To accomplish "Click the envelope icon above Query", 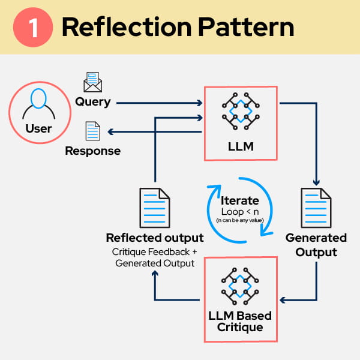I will click(93, 81).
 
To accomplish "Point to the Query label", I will click(92, 101).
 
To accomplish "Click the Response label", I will click(92, 151).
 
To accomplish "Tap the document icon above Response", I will click(92, 131).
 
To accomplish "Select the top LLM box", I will click(241, 123).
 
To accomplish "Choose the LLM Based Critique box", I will click(241, 298).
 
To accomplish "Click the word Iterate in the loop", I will click(240, 200).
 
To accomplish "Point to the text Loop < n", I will click(240, 212).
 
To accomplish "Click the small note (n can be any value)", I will click(240, 221).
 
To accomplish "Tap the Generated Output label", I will click(316, 244).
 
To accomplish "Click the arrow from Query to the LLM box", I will click(159, 103).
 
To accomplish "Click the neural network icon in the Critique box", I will click(241, 282).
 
